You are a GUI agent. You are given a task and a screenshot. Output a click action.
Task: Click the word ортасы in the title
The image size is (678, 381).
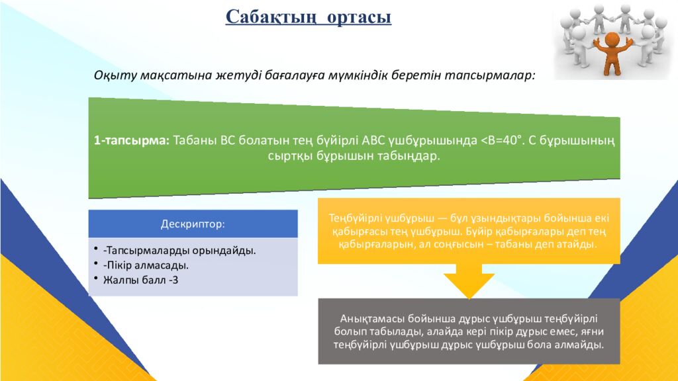coord(358,17)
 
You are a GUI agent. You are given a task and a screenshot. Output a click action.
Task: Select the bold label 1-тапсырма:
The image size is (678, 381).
coord(132,140)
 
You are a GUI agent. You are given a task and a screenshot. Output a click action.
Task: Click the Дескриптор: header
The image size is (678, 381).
coord(193,224)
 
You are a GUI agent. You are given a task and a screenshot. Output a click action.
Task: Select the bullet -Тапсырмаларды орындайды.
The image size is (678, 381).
coord(179,251)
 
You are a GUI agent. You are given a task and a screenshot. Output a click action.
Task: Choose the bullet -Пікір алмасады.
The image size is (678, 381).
coord(146,265)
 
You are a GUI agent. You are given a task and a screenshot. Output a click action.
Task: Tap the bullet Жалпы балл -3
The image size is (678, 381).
coord(140,280)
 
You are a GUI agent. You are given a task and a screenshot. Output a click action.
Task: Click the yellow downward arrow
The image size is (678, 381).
coord(469,282)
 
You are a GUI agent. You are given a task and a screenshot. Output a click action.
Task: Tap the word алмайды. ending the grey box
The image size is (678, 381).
coord(582,345)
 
